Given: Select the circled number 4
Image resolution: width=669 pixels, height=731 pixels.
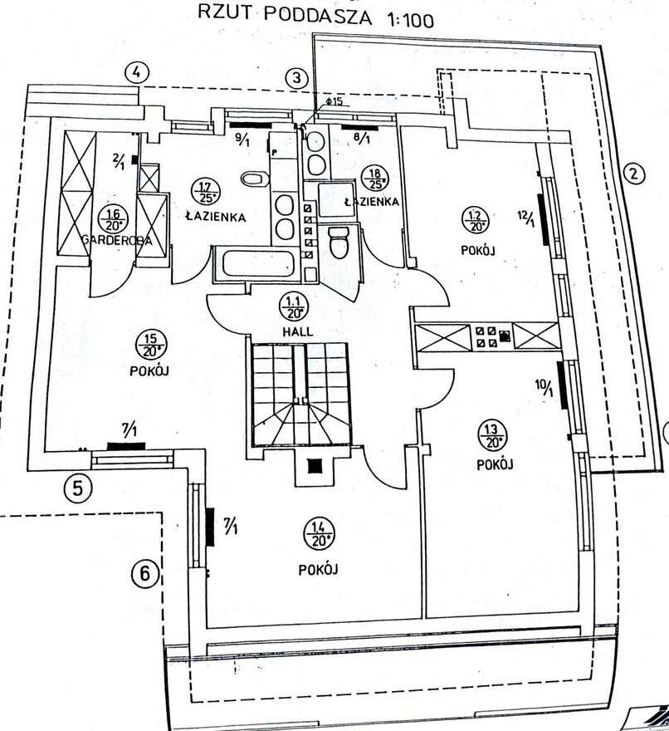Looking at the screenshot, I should pos(137,72).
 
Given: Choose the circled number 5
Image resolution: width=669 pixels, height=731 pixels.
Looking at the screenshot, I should pos(77,487).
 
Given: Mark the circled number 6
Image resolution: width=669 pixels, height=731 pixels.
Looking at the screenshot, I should pos(146,573).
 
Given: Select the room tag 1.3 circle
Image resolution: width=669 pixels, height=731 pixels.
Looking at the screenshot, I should pos(492,434).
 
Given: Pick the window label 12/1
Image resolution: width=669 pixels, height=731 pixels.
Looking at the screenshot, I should pos(524,220).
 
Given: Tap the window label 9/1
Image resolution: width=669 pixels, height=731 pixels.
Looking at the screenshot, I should pos(243,140).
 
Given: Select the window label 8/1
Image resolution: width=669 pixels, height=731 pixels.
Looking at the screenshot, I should pos(362,139).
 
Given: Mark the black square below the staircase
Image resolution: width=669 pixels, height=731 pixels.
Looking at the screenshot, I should pos(312,467).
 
